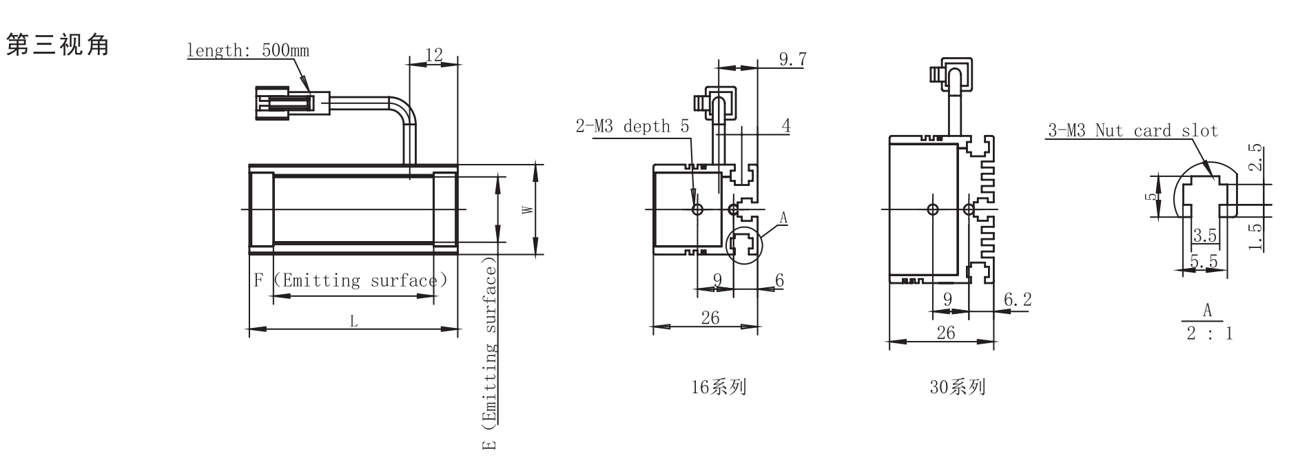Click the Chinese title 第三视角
pyautogui.click(x=58, y=45)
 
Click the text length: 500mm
pyautogui.click(x=248, y=51)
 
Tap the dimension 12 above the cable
pyautogui.click(x=434, y=55)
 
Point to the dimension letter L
pyautogui.click(x=354, y=321)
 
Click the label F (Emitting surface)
pyautogui.click(x=351, y=280)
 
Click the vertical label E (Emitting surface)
pyautogui.click(x=489, y=355)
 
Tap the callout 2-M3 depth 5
pyautogui.click(x=632, y=127)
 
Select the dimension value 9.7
pyautogui.click(x=792, y=59)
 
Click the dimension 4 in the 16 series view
pyautogui.click(x=785, y=125)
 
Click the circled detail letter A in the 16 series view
pyautogui.click(x=783, y=219)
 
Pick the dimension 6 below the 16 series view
pyautogui.click(x=779, y=280)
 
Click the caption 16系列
pyautogui.click(x=719, y=387)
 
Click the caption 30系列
pyautogui.click(x=957, y=387)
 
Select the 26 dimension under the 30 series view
pyautogui.click(x=946, y=333)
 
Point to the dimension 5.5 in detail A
pyautogui.click(x=1204, y=262)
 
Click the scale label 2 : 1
pyautogui.click(x=1209, y=333)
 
